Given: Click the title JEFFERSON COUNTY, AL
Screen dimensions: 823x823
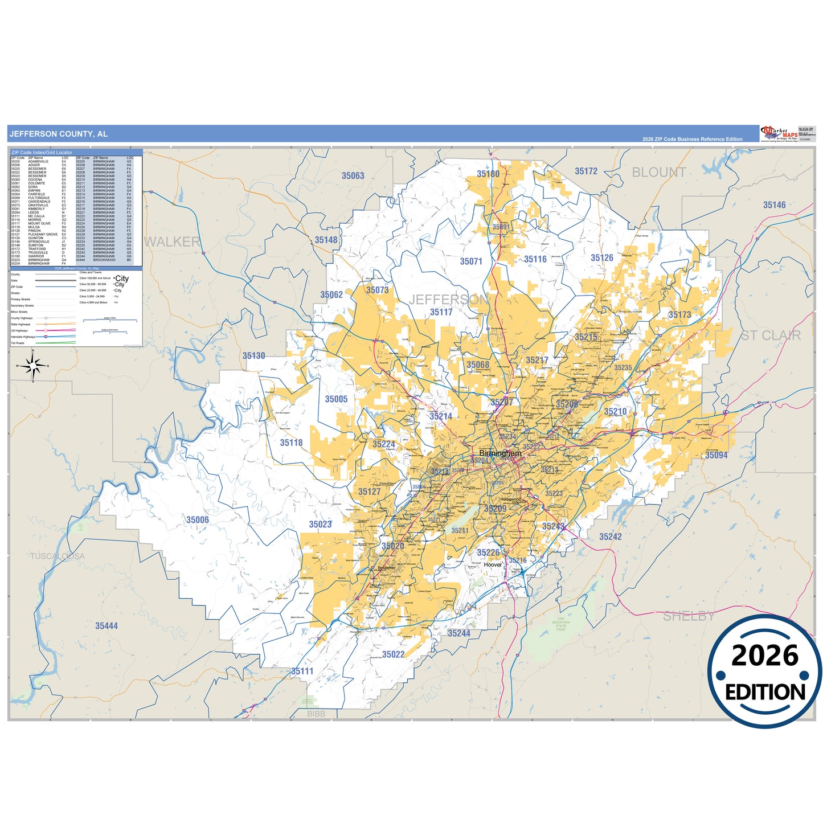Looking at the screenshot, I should [59, 134].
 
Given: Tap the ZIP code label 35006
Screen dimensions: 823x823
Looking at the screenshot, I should [198, 519].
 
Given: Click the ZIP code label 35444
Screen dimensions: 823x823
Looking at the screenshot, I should [107, 626].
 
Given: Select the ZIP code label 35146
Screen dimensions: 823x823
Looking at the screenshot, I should [774, 205].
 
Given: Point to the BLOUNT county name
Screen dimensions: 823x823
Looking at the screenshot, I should [658, 172].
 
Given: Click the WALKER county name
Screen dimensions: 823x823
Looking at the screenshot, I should [172, 242].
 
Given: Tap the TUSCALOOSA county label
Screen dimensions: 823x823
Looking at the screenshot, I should [58, 556].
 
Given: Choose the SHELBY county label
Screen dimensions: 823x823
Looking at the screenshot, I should [688, 616].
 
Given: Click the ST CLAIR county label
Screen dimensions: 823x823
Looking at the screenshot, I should [770, 335].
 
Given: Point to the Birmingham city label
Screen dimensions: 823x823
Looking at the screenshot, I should [500, 453].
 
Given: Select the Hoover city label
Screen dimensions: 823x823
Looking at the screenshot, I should [493, 565].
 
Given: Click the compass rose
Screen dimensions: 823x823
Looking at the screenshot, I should [33, 366].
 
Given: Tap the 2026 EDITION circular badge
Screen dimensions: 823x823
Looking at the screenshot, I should [764, 671].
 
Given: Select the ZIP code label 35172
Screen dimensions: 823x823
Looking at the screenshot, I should [586, 171].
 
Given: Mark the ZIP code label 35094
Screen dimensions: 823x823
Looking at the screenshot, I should [716, 455].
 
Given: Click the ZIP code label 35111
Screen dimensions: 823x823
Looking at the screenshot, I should [302, 671].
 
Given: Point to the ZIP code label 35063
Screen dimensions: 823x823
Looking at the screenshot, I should [353, 175].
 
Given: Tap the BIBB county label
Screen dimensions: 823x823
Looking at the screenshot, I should [316, 714].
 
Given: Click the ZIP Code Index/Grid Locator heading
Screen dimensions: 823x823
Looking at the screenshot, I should [42, 153].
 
